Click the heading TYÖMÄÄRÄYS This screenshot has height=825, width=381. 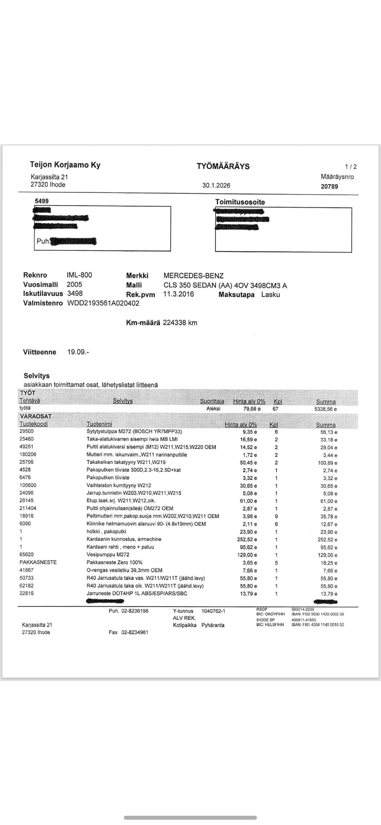[223, 166]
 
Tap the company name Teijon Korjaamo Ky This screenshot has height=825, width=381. [65, 165]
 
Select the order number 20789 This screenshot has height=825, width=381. [329, 187]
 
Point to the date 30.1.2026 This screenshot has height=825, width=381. [216, 185]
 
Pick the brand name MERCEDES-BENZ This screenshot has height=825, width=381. [193, 276]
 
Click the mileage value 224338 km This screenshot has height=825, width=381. [180, 323]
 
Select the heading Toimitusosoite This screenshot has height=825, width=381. [240, 202]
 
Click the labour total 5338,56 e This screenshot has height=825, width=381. [325, 409]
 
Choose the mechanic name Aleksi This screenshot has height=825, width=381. [213, 408]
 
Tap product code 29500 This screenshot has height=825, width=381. [27, 431]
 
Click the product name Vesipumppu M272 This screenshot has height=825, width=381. [108, 555]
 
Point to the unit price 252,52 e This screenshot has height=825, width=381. [247, 539]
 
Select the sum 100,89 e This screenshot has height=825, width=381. [327, 463]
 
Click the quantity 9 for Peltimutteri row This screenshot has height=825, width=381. [276, 516]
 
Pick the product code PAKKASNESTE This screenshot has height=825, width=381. [38, 562]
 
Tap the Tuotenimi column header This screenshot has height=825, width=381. [99, 424]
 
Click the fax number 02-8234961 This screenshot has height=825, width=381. [135, 632]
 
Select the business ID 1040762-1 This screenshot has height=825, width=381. [213, 611]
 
